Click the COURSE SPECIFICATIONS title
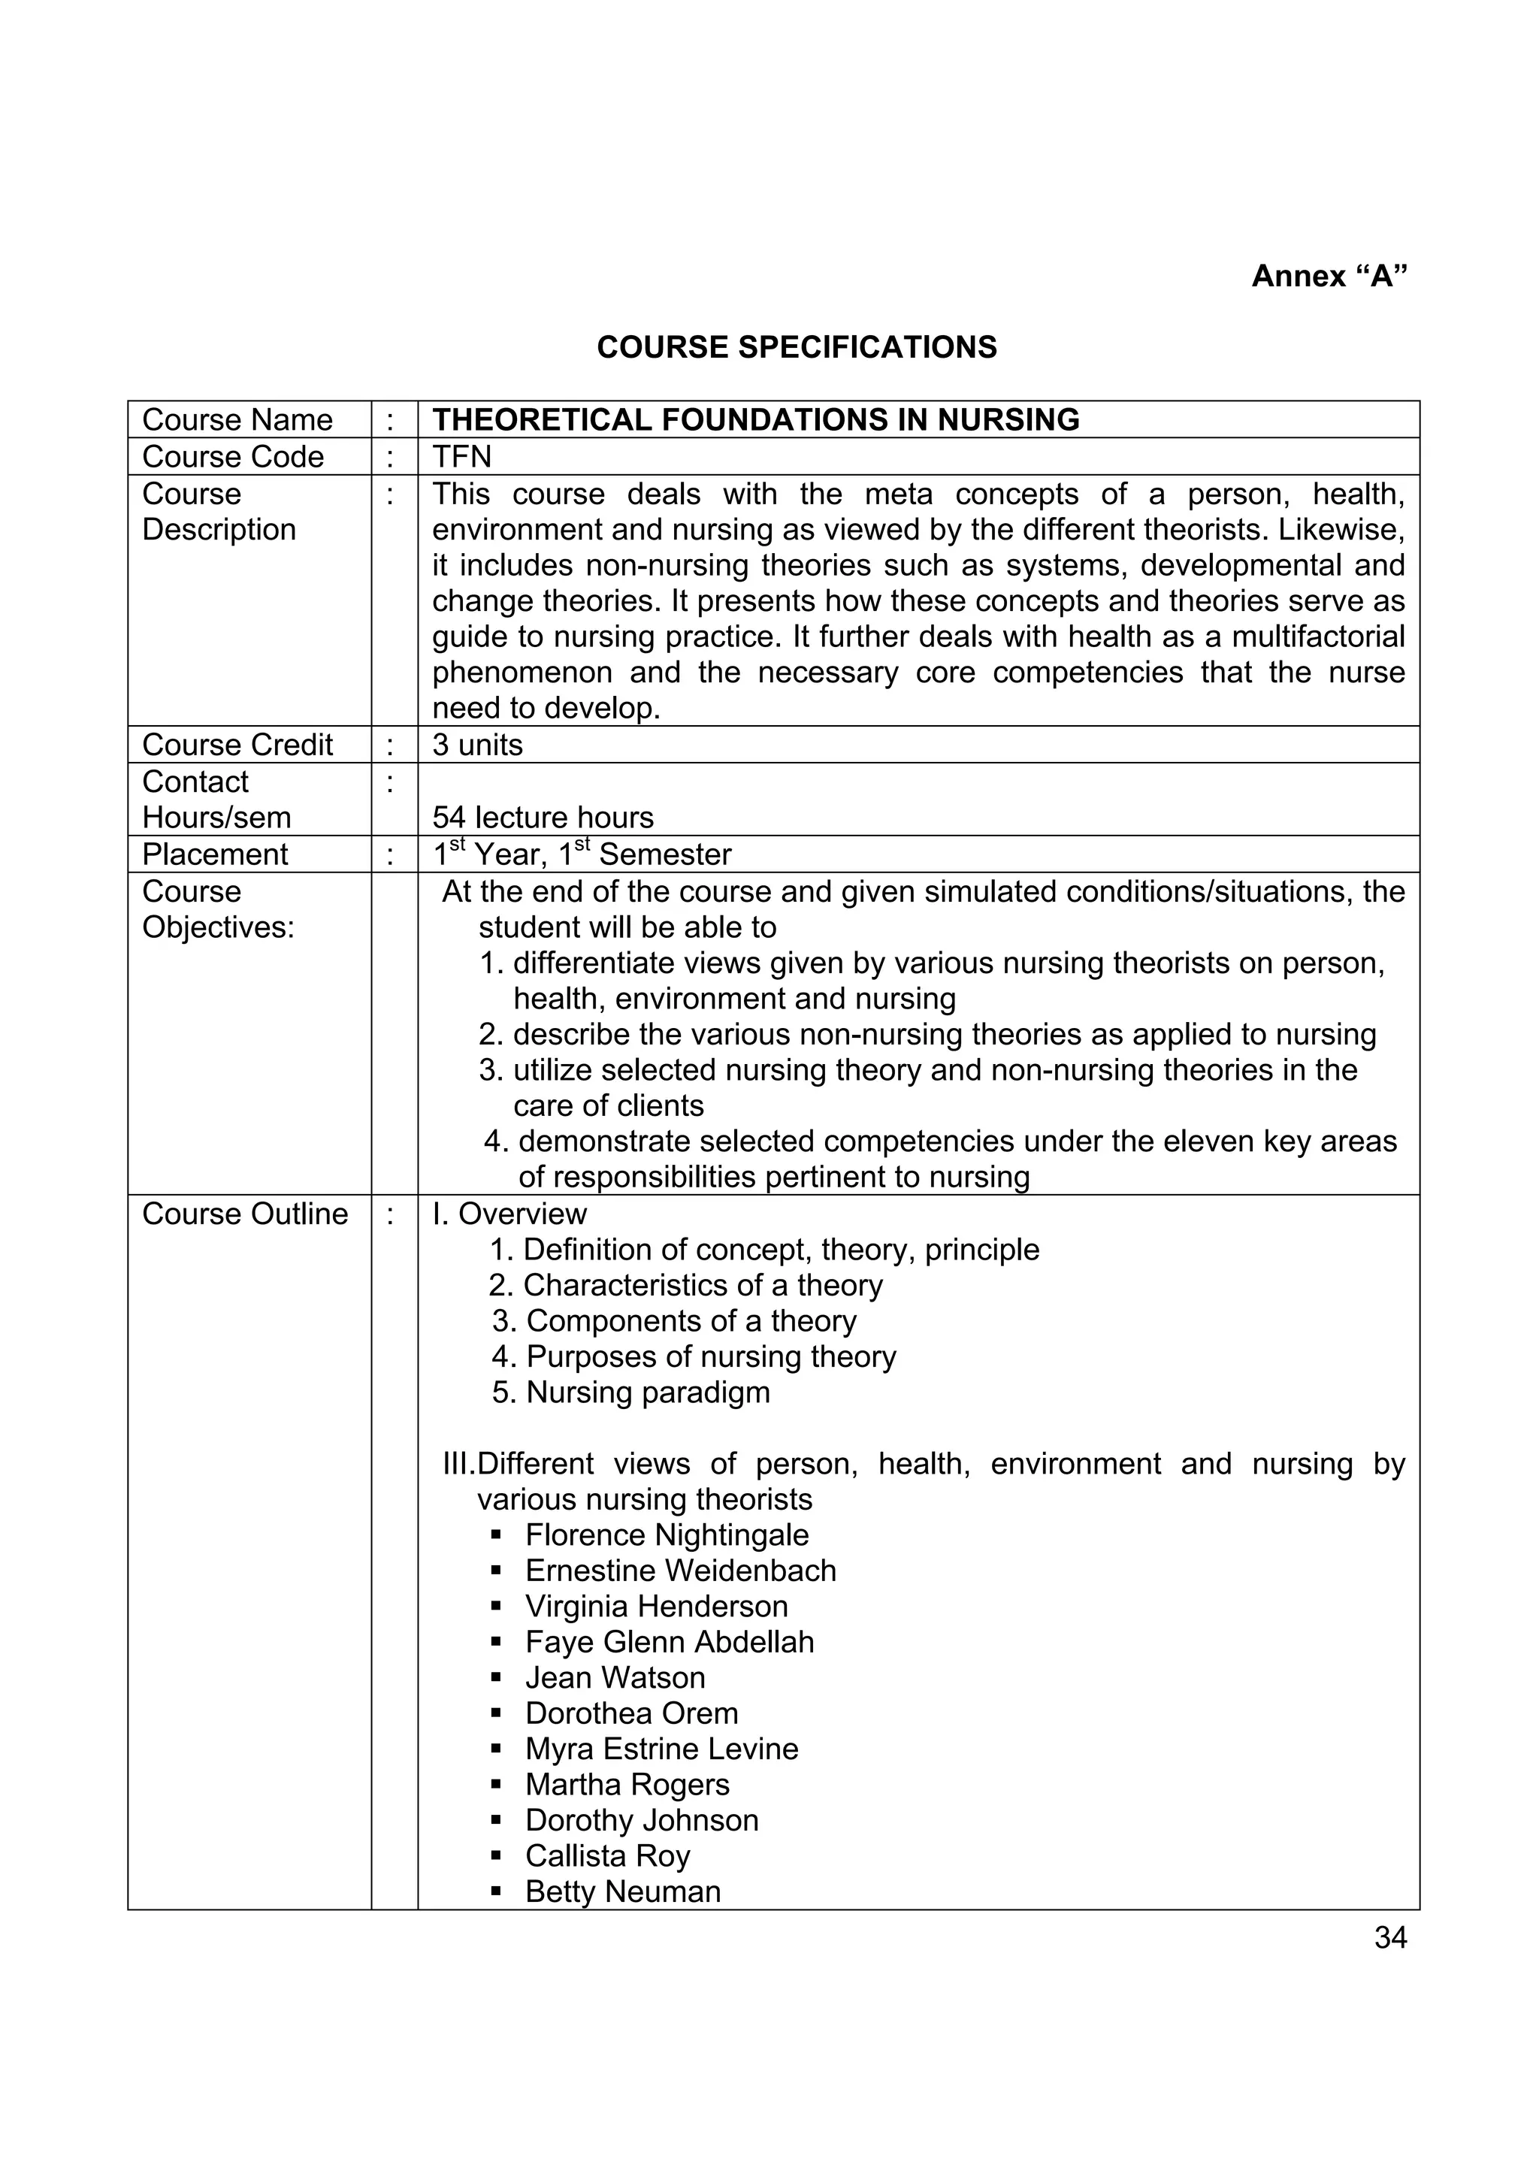(797, 347)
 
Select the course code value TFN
(462, 457)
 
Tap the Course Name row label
(237, 420)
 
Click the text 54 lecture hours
(543, 818)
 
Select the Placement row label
(214, 854)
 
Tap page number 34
(1390, 1938)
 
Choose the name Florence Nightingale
(667, 1535)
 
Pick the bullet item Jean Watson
(615, 1677)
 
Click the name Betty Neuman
(622, 1891)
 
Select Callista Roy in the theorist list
(607, 1855)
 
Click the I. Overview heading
(509, 1214)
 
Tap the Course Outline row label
(245, 1214)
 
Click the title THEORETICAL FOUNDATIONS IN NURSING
(756, 420)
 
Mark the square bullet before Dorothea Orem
(496, 1714)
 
